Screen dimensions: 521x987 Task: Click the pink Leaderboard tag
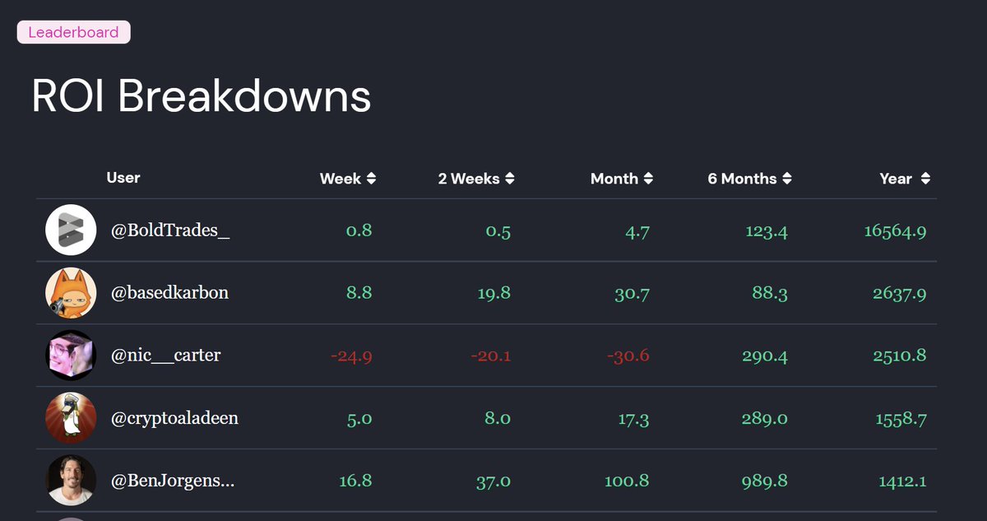pyautogui.click(x=73, y=33)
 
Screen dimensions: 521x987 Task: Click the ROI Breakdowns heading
pyautogui.click(x=201, y=96)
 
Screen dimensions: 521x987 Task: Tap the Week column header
pyautogui.click(x=341, y=179)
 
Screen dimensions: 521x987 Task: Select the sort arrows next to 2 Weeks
pyautogui.click(x=510, y=179)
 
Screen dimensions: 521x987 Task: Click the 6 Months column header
pyautogui.click(x=742, y=179)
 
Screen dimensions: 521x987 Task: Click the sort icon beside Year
pyautogui.click(x=926, y=179)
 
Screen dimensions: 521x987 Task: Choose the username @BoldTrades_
pyautogui.click(x=170, y=230)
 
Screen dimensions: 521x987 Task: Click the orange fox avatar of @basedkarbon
pyautogui.click(x=71, y=293)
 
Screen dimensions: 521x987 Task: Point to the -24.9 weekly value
pyautogui.click(x=351, y=356)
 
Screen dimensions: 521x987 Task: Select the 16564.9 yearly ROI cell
pyautogui.click(x=895, y=231)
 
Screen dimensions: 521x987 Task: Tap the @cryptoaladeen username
pyautogui.click(x=174, y=418)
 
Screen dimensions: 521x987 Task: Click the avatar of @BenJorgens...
pyautogui.click(x=71, y=481)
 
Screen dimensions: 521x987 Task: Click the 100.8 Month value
pyautogui.click(x=627, y=481)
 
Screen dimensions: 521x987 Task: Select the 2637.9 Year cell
pyautogui.click(x=900, y=293)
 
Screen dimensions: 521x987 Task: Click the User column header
pyautogui.click(x=123, y=178)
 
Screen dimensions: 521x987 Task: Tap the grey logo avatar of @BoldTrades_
pyautogui.click(x=71, y=230)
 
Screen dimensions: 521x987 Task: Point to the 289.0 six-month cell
pyautogui.click(x=764, y=418)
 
